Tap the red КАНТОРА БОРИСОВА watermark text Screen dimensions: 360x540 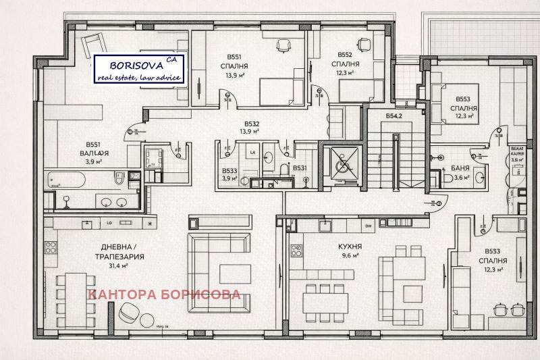165,294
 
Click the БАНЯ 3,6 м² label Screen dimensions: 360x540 460,172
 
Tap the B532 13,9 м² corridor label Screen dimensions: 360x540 251,128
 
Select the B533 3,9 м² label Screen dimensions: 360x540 230,175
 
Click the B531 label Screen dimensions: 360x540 300,168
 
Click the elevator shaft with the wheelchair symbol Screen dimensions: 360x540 342,164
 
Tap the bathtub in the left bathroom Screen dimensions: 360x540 74,181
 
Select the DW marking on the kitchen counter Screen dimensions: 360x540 368,226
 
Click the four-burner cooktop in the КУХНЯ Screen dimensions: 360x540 296,251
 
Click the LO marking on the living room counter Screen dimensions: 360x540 108,224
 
